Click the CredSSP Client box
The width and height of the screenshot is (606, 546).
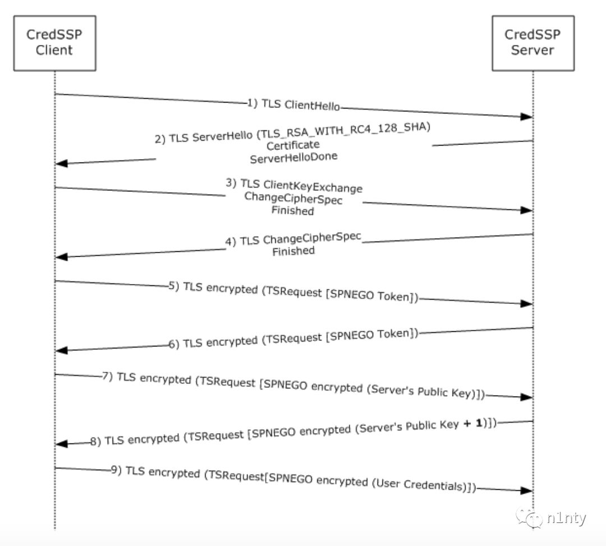tap(54, 42)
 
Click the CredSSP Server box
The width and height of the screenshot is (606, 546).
tap(532, 42)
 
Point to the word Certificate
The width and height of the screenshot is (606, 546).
tap(292, 146)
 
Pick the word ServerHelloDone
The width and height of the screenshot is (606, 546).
tap(294, 158)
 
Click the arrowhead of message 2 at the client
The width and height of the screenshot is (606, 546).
tap(62, 163)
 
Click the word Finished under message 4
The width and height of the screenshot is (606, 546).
tap(293, 251)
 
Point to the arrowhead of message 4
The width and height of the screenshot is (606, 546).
tap(62, 256)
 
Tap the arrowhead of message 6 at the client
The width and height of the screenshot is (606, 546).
tap(62, 350)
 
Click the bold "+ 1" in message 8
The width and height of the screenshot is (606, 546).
tap(475, 423)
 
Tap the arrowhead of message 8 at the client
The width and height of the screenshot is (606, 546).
tap(62, 444)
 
